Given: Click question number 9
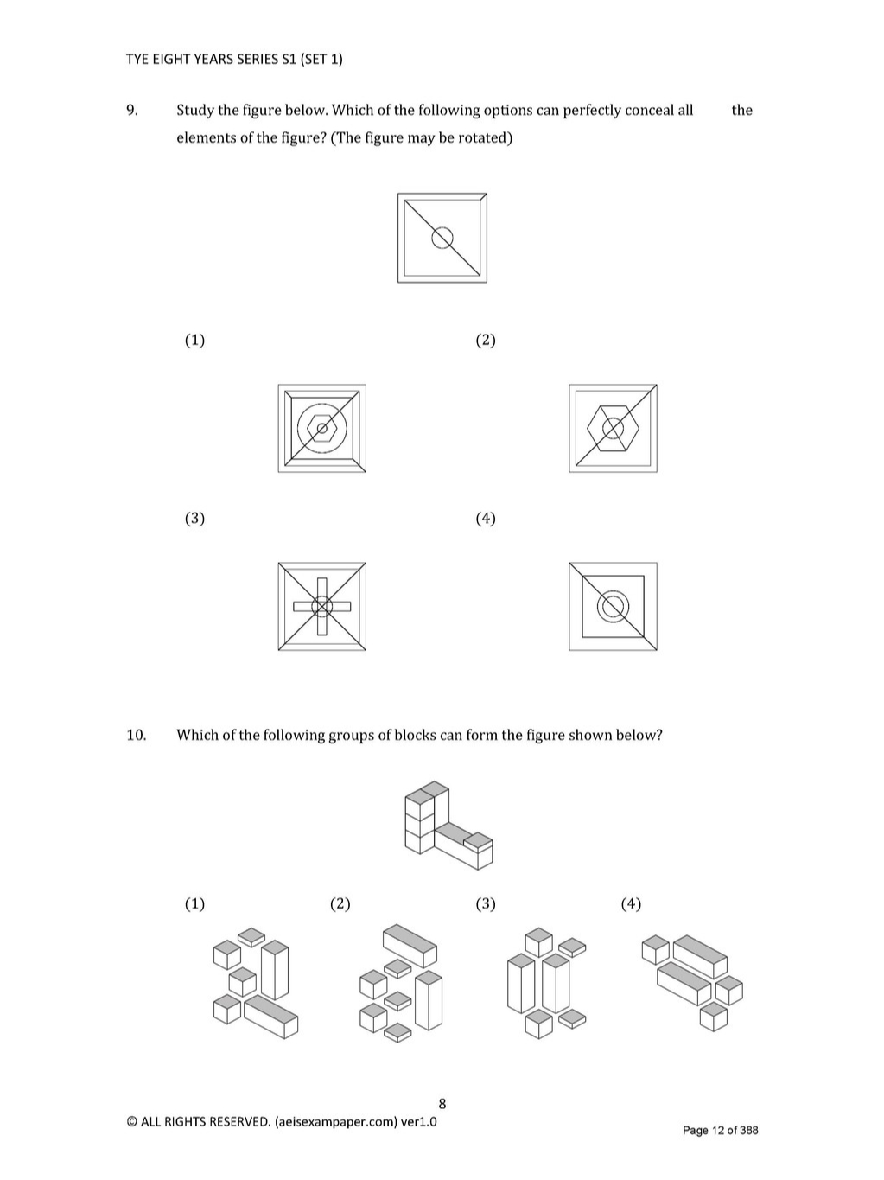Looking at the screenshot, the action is pyautogui.click(x=131, y=110).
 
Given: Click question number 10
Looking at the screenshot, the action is pyautogui.click(x=136, y=735).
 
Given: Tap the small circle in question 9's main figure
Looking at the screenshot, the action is pyautogui.click(x=442, y=237).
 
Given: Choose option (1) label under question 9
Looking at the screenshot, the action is pyautogui.click(x=194, y=340).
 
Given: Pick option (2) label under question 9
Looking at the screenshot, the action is pyautogui.click(x=486, y=340).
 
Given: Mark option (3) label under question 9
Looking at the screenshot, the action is pyautogui.click(x=194, y=518).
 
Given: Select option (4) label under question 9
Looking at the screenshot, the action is pyautogui.click(x=486, y=518).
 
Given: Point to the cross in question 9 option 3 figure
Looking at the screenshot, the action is pyautogui.click(x=321, y=607).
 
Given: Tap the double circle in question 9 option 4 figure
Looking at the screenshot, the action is pyautogui.click(x=613, y=607).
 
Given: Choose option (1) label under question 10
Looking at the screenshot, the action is pyautogui.click(x=194, y=903).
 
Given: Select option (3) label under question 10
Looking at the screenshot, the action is pyautogui.click(x=486, y=903).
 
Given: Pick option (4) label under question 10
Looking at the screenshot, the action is pyautogui.click(x=631, y=903).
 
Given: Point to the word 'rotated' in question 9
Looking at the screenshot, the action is pyautogui.click(x=485, y=138).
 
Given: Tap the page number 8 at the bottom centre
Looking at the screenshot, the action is pyautogui.click(x=442, y=1103).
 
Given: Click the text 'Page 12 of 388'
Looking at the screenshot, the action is pyautogui.click(x=720, y=1130).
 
